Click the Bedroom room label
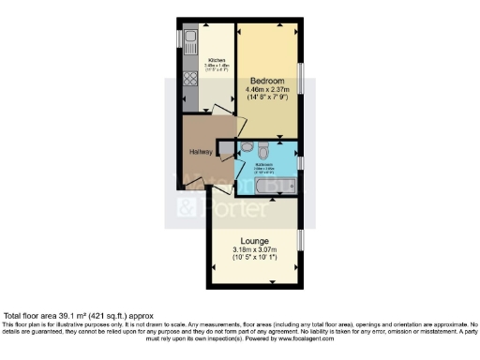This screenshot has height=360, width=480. [268, 82]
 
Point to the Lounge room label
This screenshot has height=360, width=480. [254, 240]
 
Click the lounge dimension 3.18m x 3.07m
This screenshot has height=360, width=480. [254, 249]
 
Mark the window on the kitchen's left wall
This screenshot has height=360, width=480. [178, 41]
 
